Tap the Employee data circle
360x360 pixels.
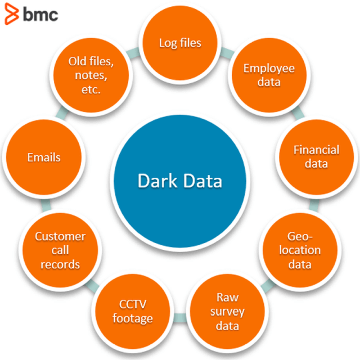261,75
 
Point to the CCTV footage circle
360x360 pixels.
136,312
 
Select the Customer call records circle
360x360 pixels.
60,250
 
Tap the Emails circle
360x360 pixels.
44,157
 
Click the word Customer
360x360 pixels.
60,236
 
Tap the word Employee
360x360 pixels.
261,68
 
